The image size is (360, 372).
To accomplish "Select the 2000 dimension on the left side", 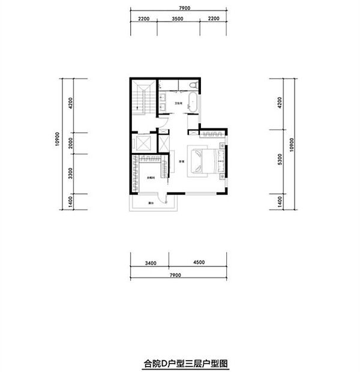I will pyautogui.click(x=70, y=144).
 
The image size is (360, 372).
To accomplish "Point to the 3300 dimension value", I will pyautogui.click(x=70, y=175).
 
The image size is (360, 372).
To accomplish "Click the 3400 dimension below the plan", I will pyautogui.click(x=150, y=262).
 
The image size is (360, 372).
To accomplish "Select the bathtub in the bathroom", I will pyautogui.click(x=192, y=102).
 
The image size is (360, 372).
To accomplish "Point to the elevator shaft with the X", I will pyautogui.click(x=143, y=145).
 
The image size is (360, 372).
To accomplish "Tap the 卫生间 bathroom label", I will pyautogui.click(x=178, y=104).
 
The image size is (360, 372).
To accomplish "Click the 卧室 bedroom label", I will pyautogui.click(x=180, y=160).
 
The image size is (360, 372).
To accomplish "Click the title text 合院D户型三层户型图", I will pyautogui.click(x=180, y=362).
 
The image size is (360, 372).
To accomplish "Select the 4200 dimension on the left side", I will pyautogui.click(x=70, y=106).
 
